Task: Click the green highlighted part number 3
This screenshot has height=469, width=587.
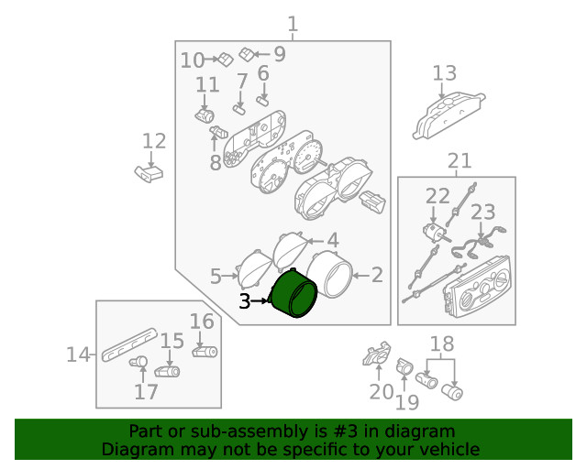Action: click(294, 294)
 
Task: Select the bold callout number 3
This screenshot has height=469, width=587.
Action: click(245, 301)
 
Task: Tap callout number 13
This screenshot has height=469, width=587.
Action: click(444, 73)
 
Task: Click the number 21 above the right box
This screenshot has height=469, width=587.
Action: click(460, 161)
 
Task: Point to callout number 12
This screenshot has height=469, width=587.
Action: click(154, 141)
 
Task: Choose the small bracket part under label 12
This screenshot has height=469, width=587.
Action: click(149, 173)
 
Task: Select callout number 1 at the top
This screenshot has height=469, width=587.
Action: click(293, 25)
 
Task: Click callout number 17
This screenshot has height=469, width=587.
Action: click(146, 391)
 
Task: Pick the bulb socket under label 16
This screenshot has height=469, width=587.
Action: click(205, 352)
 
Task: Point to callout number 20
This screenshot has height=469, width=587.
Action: click(382, 391)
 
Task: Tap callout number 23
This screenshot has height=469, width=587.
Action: click(483, 213)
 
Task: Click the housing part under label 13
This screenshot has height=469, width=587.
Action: click(449, 115)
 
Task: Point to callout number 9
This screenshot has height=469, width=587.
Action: click(280, 54)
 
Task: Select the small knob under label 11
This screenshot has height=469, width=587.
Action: click(205, 115)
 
